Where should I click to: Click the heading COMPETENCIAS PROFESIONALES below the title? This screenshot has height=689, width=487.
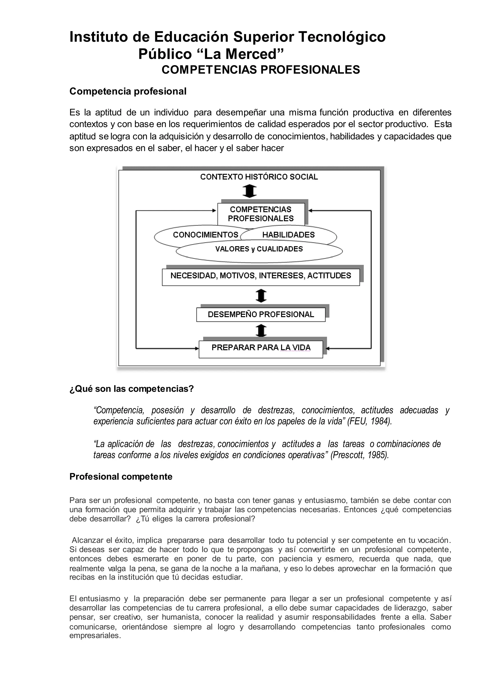[261, 70]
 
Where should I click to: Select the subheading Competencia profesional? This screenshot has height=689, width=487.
[128, 91]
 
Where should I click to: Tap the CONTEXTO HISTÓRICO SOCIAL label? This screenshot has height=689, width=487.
[259, 177]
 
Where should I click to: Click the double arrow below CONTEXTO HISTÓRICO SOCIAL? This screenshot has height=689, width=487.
[249, 191]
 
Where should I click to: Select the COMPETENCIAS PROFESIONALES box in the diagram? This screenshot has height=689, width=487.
[261, 214]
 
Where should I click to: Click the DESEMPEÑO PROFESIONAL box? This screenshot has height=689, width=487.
[261, 315]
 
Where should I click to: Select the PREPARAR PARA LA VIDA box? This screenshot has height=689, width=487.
[261, 348]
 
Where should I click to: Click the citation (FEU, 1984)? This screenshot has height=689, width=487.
[370, 421]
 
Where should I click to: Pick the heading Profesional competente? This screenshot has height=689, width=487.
[121, 477]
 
